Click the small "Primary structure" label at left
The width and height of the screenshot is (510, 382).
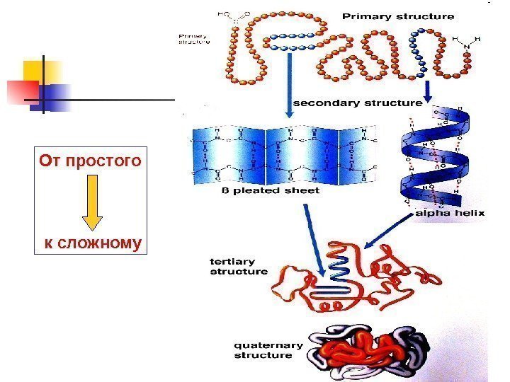tap(194, 38)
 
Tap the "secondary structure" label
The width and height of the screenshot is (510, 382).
tap(358, 103)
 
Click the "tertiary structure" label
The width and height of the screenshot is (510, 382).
tap(239, 266)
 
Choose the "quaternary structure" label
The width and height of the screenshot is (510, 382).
tap(268, 350)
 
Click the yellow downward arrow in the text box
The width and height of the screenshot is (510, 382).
tap(92, 202)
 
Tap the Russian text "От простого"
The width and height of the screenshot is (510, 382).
tap(91, 162)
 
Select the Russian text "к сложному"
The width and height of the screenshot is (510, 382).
tap(93, 244)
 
